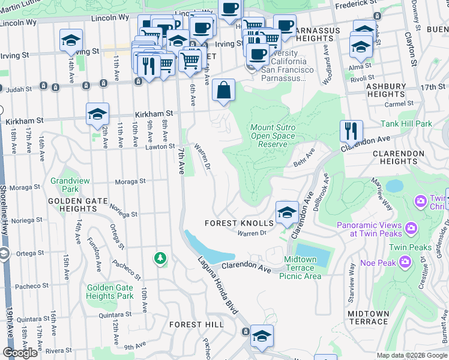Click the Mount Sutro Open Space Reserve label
point(273,136)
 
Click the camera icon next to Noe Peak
point(405,262)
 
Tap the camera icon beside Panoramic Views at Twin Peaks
point(411,227)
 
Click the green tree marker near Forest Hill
point(160,258)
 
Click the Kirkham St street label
point(154,113)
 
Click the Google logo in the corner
point(20,352)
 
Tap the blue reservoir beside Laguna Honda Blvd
point(202,247)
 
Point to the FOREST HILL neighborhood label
point(193,324)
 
